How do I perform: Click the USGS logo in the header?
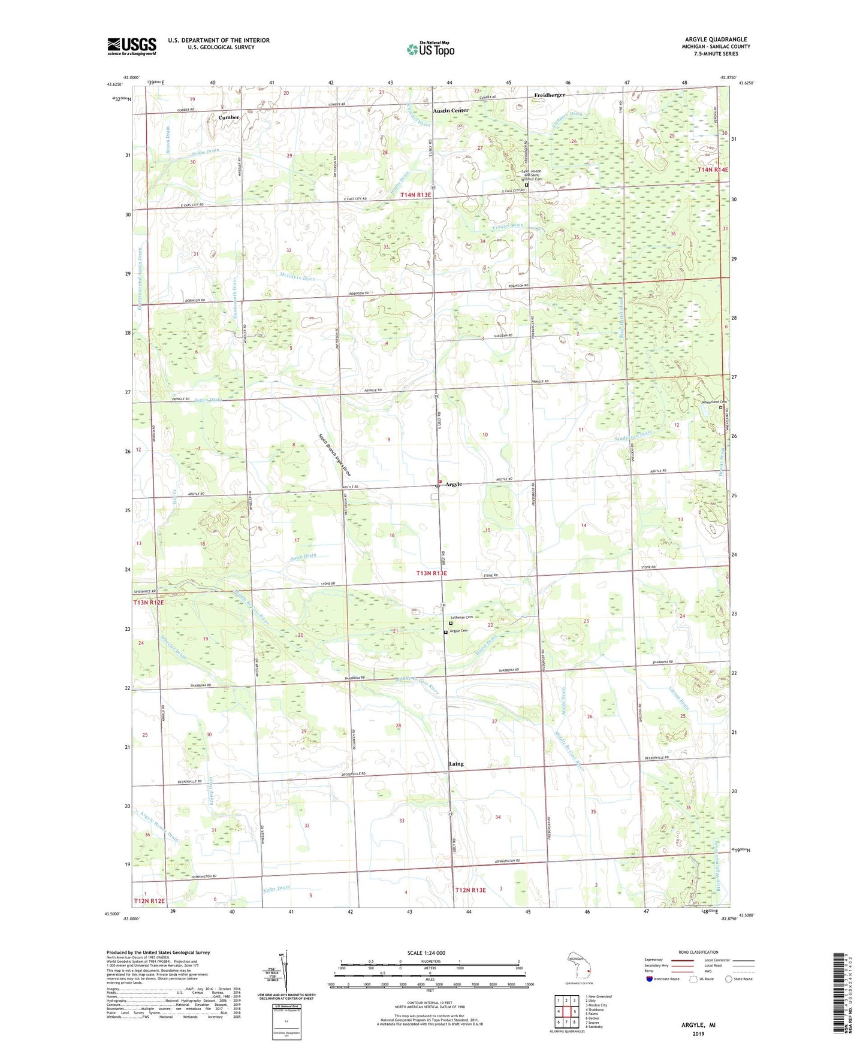132,46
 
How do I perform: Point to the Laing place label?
456,764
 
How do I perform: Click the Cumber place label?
229,117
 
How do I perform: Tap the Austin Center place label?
451,111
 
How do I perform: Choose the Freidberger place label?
550,95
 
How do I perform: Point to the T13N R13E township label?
440,573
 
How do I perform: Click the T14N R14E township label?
713,170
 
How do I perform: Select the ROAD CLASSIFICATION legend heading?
699,952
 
